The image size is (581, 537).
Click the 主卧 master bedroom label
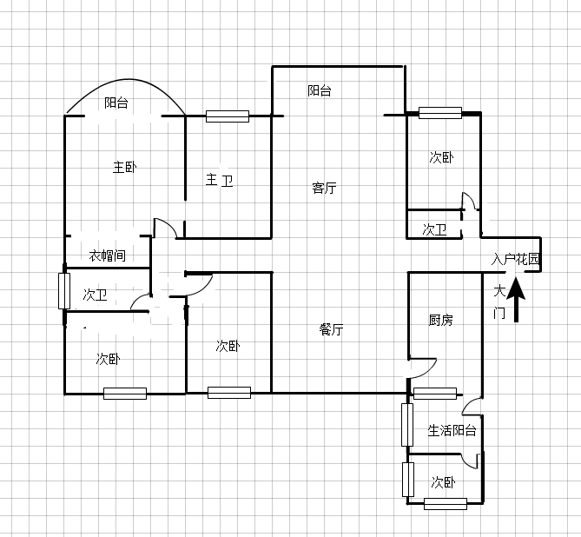click(124, 167)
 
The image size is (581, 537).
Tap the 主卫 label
click(219, 180)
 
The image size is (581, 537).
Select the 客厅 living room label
click(324, 188)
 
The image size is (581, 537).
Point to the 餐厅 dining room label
click(331, 329)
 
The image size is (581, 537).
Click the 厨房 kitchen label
click(440, 320)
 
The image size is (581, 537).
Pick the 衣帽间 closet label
click(108, 255)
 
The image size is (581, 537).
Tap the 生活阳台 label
click(452, 430)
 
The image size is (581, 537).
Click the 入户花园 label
click(515, 259)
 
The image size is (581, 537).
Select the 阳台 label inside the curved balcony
click(116, 103)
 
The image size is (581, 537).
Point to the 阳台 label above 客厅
click(320, 90)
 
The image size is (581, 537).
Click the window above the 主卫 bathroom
click(228, 116)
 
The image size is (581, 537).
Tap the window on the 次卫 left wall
click(64, 291)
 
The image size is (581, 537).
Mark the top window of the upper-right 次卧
click(440, 113)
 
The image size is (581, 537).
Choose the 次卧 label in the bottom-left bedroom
click(108, 359)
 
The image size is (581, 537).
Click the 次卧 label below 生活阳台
click(443, 482)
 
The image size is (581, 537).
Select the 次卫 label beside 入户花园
click(434, 229)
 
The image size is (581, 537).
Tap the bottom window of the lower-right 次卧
click(446, 504)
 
